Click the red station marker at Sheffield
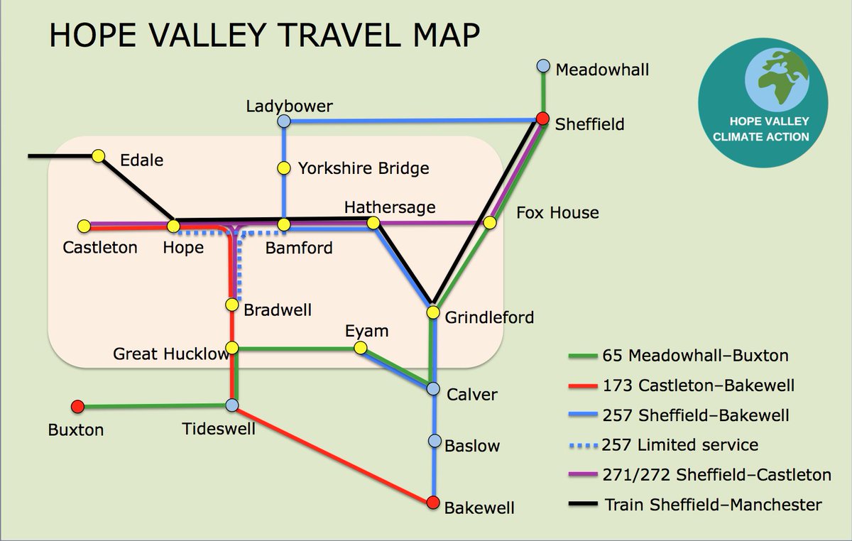click(542, 119)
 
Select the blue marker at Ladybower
click(284, 121)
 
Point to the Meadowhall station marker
click(543, 66)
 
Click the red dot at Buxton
click(78, 407)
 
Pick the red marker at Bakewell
click(434, 503)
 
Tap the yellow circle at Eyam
click(360, 348)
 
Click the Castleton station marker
click(84, 226)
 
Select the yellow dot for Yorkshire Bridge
click(284, 168)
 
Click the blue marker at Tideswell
click(231, 405)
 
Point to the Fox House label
click(557, 212)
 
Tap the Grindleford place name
click(489, 317)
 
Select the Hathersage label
click(389, 207)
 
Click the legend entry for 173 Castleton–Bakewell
click(698, 386)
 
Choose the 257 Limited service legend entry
click(680, 445)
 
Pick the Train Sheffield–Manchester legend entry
click(713, 505)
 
